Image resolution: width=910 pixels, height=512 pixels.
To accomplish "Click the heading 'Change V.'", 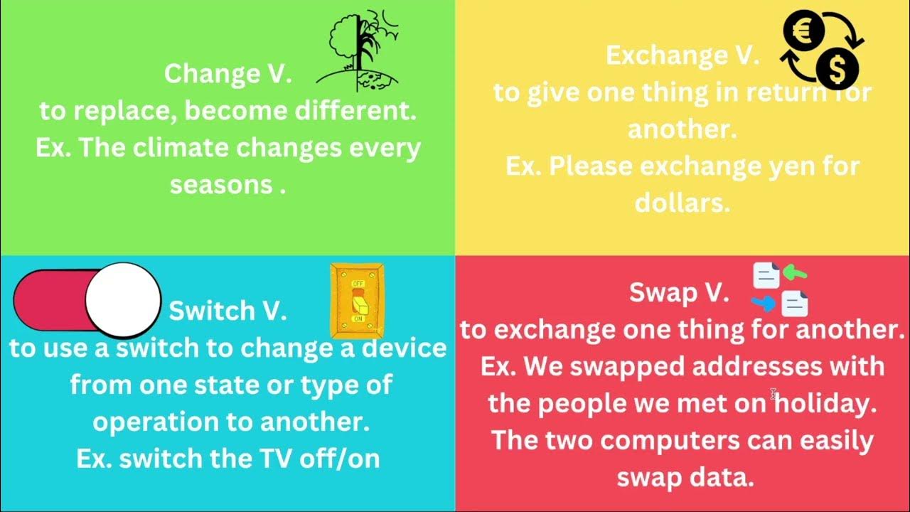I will pos(227,74).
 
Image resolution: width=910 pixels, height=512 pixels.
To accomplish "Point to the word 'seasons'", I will pos(220,185).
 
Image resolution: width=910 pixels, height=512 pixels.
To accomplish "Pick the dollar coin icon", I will pos(837,70).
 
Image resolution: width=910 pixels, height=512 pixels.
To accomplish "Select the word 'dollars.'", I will pos(682,203).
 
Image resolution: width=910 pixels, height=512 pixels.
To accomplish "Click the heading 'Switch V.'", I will pos(227,311).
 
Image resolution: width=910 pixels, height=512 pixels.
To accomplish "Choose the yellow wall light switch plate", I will pos(357,301).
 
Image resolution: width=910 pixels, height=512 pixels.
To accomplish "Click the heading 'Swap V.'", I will pos(679,292).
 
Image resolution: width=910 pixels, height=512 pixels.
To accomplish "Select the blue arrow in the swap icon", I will pos(764,304).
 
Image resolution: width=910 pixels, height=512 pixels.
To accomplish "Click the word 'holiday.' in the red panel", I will pos(825,403).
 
